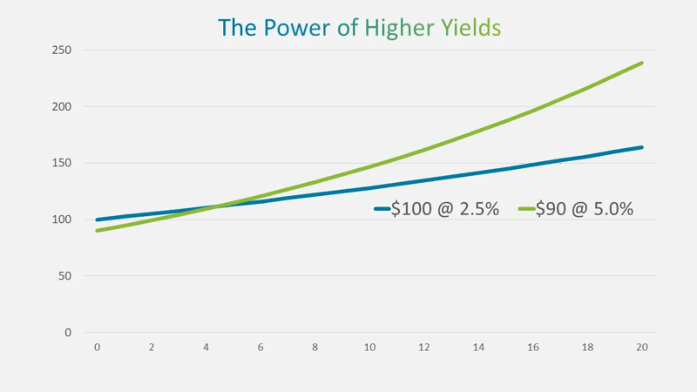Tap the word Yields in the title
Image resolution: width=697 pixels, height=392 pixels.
pyautogui.click(x=470, y=28)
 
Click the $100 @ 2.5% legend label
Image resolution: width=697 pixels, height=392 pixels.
pyautogui.click(x=445, y=209)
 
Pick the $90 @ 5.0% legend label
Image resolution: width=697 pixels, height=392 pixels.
pyautogui.click(x=585, y=209)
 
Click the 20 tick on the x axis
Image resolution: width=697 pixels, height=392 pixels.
pyautogui.click(x=642, y=348)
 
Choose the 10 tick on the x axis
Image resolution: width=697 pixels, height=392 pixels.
pyautogui.click(x=369, y=348)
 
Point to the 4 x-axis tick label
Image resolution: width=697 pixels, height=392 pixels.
pyautogui.click(x=206, y=348)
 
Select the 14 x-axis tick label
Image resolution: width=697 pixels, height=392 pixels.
pyautogui.click(x=478, y=348)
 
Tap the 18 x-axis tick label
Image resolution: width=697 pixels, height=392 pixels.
pyautogui.click(x=587, y=348)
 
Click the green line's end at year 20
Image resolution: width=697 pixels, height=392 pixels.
pyautogui.click(x=642, y=63)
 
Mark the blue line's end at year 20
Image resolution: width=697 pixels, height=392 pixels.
pyautogui.click(x=642, y=147)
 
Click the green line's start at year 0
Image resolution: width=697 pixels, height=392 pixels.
pyautogui.click(x=97, y=230)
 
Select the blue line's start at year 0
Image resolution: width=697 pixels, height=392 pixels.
pyautogui.click(x=97, y=220)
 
